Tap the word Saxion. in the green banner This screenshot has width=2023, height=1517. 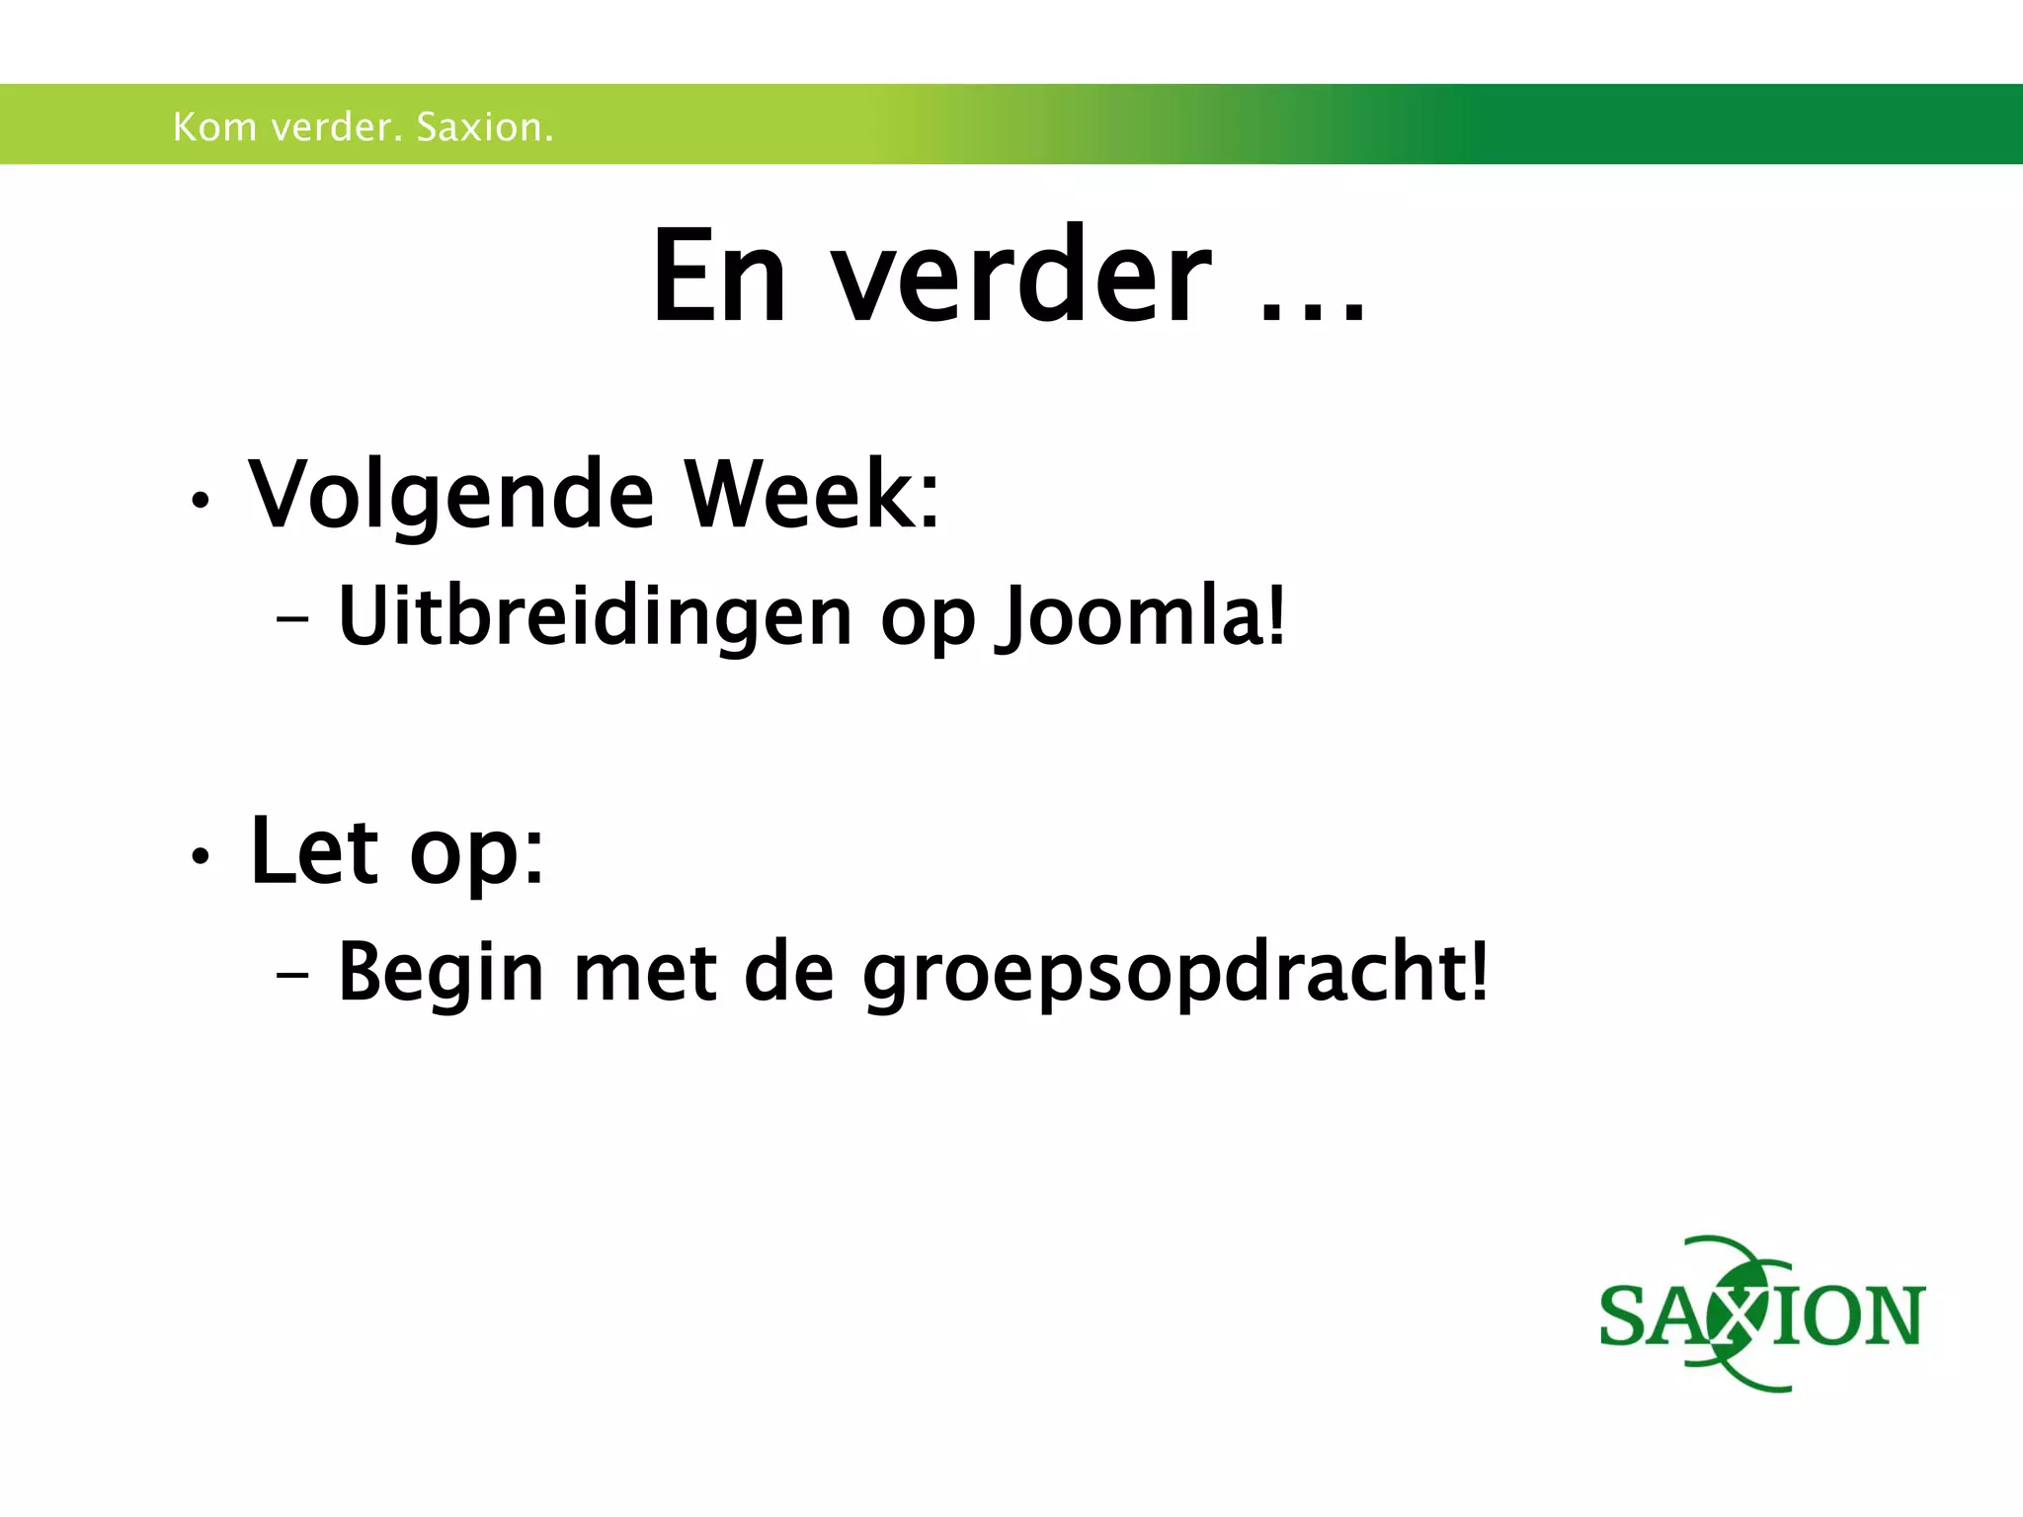[x=484, y=127]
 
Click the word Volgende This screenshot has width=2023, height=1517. [x=450, y=496]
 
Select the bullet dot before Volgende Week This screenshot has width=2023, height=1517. [x=201, y=502]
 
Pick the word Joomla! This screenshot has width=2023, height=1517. [x=1143, y=618]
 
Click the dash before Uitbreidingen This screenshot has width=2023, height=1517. [x=292, y=621]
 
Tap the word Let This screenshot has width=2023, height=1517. [x=314, y=850]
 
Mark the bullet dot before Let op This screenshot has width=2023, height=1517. [x=201, y=857]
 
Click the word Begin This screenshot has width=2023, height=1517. [x=441, y=974]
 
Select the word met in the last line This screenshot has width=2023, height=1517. [x=645, y=974]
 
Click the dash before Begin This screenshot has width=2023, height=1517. [x=292, y=975]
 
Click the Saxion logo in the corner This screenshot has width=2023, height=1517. [x=1761, y=1315]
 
